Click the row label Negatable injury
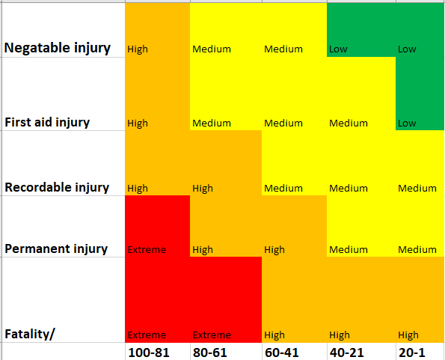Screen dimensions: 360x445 click(58, 48)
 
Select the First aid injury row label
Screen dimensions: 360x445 click(58, 122)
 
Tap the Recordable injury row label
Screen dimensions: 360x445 click(57, 187)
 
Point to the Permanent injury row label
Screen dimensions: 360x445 click(56, 248)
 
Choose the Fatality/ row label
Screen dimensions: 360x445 click(30, 334)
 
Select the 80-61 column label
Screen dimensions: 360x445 click(210, 352)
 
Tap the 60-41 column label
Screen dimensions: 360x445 click(281, 352)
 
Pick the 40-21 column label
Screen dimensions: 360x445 click(347, 352)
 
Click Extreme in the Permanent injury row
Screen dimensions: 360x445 click(147, 250)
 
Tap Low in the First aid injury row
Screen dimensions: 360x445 click(407, 123)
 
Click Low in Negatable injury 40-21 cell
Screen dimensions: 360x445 click(338, 50)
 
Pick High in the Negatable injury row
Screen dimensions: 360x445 click(138, 50)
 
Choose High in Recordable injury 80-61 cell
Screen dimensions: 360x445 click(203, 189)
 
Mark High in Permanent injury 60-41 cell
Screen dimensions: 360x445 click(274, 250)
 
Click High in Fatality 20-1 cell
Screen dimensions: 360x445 click(408, 335)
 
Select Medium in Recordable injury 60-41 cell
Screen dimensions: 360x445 click(283, 189)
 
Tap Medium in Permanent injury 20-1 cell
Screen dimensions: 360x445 click(417, 250)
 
